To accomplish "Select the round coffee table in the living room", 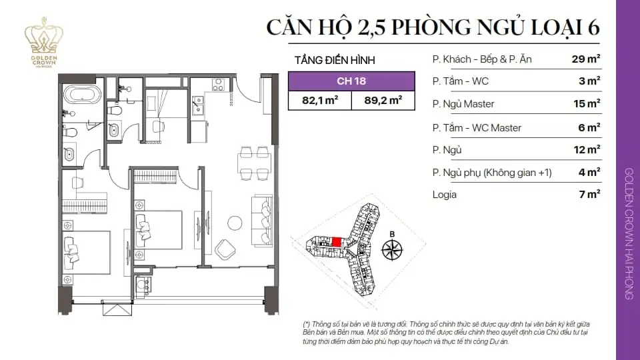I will (235, 222).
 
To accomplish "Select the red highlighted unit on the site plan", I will (337, 242).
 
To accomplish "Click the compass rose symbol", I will (392, 249).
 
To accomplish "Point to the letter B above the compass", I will (392, 233).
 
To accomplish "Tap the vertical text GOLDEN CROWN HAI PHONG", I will (629, 233).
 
